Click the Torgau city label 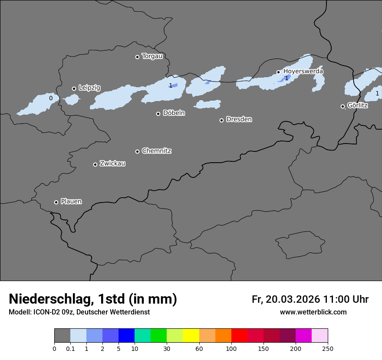click(x=152, y=56)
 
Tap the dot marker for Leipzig click(x=74, y=88)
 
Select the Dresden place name click(x=239, y=119)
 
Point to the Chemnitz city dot click(x=137, y=151)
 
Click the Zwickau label click(x=112, y=164)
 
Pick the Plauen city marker click(x=56, y=202)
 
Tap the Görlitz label click(x=357, y=105)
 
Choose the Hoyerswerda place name click(x=303, y=71)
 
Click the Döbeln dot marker click(x=158, y=114)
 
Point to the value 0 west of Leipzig click(x=51, y=98)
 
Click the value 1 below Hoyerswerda click(x=286, y=78)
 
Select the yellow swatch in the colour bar click(x=191, y=336)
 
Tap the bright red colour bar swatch click(x=239, y=336)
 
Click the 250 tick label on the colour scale click(x=328, y=348)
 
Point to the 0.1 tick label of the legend click(x=70, y=348)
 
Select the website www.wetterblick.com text click(x=313, y=312)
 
